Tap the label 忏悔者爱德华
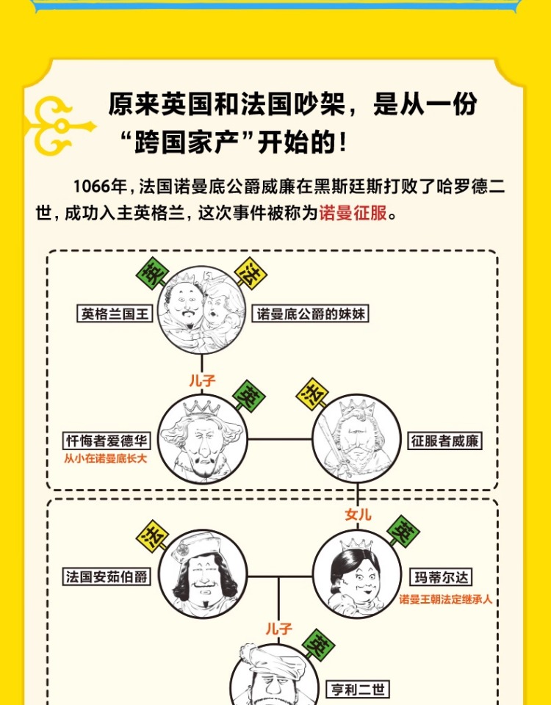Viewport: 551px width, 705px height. coord(107,441)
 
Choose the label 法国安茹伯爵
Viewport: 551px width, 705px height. coord(107,576)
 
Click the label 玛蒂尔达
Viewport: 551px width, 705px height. coord(438,576)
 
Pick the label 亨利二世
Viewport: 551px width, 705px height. coord(358,690)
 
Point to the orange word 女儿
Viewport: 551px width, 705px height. coord(358,514)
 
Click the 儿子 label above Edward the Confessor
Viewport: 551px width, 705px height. coord(202,380)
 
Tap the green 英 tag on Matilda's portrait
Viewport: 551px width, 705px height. coord(404,531)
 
